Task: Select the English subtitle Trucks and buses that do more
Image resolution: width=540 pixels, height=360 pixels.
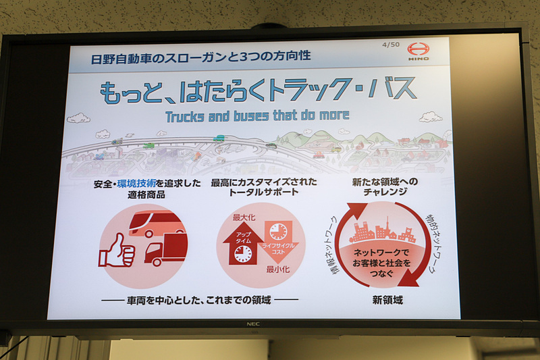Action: (x=257, y=115)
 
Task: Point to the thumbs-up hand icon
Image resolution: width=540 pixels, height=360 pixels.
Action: (x=117, y=251)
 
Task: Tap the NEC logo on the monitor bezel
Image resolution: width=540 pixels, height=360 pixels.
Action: (x=253, y=325)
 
